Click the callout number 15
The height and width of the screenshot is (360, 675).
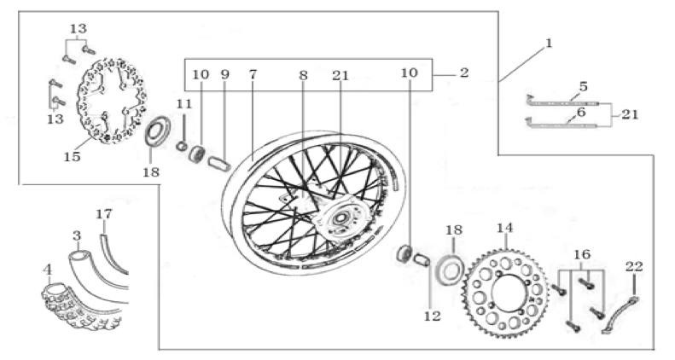(72, 157)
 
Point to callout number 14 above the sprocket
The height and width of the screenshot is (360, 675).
(504, 228)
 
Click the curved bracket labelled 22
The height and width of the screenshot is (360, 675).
(620, 315)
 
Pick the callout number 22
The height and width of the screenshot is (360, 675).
(634, 267)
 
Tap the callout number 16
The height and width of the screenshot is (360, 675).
(582, 254)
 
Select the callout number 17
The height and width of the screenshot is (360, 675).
(104, 214)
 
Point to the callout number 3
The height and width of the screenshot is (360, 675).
(77, 235)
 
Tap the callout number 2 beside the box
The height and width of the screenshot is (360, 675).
(463, 73)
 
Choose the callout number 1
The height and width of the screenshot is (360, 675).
(548, 43)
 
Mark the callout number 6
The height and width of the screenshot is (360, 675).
(581, 113)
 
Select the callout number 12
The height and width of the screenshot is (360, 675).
(432, 316)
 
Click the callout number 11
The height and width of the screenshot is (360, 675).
(183, 104)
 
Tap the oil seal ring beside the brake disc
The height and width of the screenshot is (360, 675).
(157, 131)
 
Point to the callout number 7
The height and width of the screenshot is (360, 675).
(253, 74)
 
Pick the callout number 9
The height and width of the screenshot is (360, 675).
(224, 74)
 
